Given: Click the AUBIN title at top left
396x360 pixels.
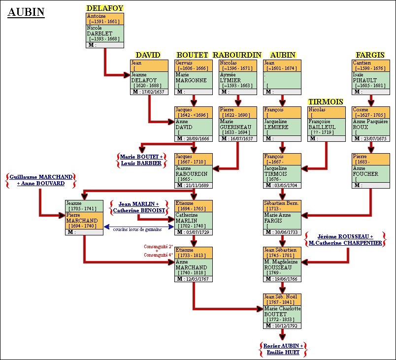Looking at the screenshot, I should click(26, 12).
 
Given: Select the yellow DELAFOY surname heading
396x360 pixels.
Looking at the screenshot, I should click(104, 8).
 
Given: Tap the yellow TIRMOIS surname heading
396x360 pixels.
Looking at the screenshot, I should click(325, 101).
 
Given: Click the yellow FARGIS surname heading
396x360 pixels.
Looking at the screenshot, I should click(370, 55).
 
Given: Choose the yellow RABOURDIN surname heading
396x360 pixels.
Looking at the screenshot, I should click(237, 55).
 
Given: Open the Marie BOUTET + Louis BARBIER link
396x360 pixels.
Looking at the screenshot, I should click(141, 160).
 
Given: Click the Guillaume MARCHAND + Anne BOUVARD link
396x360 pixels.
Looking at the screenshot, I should click(41, 180).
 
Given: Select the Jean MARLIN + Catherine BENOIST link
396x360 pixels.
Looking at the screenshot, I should click(138, 207).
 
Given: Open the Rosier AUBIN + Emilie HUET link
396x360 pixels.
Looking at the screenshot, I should click(282, 349).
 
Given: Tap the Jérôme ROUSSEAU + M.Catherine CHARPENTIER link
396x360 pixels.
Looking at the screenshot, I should click(345, 240).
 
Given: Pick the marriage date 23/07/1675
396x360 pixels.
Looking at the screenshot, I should click(375, 138).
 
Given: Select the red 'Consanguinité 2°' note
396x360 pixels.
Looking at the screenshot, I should click(158, 246).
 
